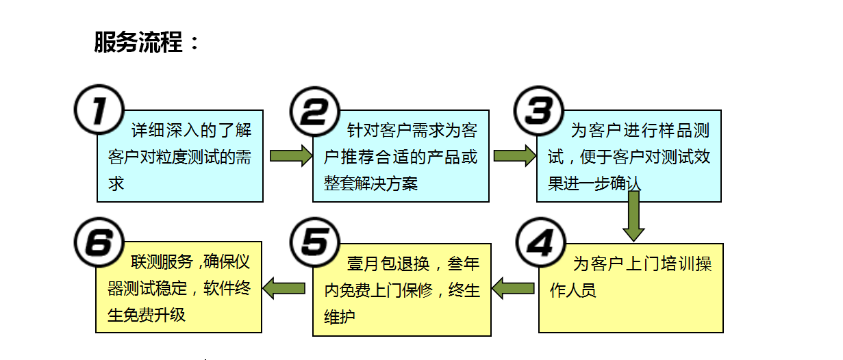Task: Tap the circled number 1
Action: click(99, 110)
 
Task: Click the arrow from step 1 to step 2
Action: click(290, 156)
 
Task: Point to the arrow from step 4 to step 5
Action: click(514, 288)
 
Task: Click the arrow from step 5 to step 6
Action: click(284, 288)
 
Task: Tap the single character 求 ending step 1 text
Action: click(116, 183)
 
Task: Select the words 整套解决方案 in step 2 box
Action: click(370, 183)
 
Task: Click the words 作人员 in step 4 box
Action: click(573, 290)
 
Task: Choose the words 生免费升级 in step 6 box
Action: click(147, 315)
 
